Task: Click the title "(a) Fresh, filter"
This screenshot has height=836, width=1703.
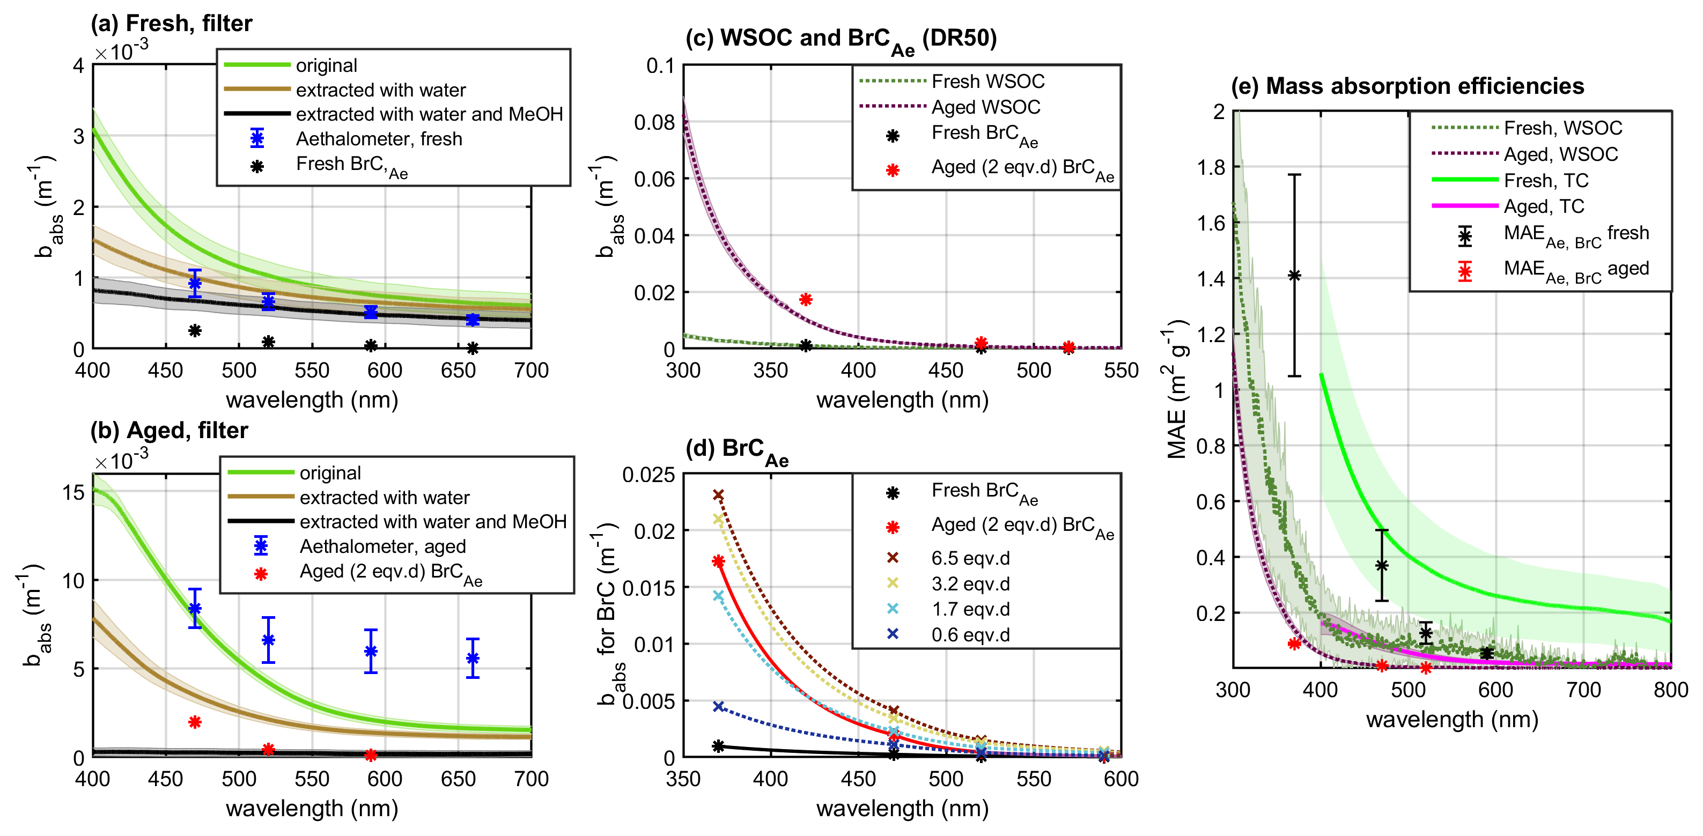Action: [x=171, y=24]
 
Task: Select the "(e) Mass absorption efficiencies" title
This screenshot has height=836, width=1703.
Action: [x=1407, y=86]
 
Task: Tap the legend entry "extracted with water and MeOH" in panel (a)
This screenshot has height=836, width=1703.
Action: [x=429, y=114]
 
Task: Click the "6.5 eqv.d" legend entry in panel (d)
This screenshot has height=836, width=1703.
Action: [x=970, y=558]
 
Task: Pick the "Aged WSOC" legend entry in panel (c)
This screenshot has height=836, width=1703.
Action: [x=985, y=107]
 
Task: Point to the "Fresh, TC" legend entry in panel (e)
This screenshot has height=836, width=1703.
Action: [x=1546, y=180]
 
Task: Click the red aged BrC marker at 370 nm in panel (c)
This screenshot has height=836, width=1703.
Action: [x=805, y=299]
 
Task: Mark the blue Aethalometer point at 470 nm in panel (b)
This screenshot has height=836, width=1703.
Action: [x=194, y=609]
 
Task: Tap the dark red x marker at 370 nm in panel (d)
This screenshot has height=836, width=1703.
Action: [x=719, y=495]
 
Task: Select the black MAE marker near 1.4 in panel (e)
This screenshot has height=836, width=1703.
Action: [x=1294, y=276]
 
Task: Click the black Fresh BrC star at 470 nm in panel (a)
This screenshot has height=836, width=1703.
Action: [x=194, y=330]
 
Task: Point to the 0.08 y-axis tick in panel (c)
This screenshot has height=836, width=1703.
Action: [x=654, y=122]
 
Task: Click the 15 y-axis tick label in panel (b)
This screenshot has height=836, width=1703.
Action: [x=73, y=492]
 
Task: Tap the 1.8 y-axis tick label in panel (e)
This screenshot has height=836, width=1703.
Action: [x=1211, y=168]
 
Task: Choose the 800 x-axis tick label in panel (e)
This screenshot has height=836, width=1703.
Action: [x=1671, y=690]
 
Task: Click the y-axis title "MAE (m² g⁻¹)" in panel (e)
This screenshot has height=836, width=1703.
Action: [x=1177, y=390]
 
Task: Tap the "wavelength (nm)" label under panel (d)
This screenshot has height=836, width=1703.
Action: [x=902, y=808]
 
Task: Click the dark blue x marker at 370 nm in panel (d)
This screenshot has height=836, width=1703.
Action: [x=719, y=706]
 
